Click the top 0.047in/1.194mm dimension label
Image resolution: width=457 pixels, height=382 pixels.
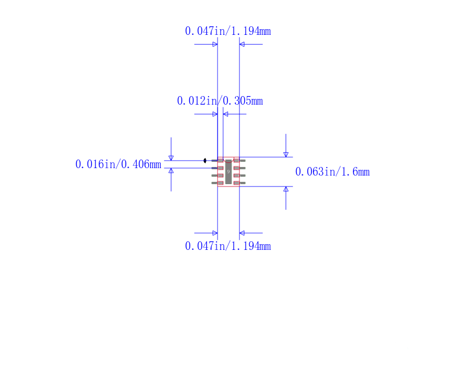tap(228, 31)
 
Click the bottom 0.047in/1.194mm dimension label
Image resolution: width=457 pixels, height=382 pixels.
tap(228, 246)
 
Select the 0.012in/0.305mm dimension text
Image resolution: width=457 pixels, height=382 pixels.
tap(220, 101)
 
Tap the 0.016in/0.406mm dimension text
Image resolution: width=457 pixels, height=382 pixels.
tap(118, 164)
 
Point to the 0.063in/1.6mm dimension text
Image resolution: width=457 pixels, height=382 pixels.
tap(332, 172)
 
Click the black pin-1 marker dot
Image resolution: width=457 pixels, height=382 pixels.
tap(205, 161)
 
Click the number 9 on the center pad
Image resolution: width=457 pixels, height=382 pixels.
tap(228, 172)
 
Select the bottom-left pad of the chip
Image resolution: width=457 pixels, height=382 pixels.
tap(221, 183)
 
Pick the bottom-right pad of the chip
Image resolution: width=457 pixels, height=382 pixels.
tap(236, 183)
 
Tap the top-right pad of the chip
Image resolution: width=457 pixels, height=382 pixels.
tap(236, 161)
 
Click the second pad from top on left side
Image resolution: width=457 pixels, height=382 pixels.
tap(221, 168)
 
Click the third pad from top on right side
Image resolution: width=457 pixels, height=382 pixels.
tap(236, 176)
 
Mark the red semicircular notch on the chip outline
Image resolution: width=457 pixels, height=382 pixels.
tap(228, 161)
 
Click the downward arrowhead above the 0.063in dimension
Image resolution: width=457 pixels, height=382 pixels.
tap(286, 154)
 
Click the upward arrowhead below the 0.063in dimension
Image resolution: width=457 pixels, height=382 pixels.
tap(286, 189)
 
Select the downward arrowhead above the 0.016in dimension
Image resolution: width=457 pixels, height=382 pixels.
tap(171, 158)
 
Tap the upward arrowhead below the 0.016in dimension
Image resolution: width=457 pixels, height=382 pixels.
tap(171, 171)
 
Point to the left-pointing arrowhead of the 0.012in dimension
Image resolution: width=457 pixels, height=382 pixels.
tap(226, 114)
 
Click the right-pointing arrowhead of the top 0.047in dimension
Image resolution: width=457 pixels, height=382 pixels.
tap(215, 45)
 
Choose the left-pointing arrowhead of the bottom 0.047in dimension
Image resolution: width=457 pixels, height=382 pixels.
tap(242, 233)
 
